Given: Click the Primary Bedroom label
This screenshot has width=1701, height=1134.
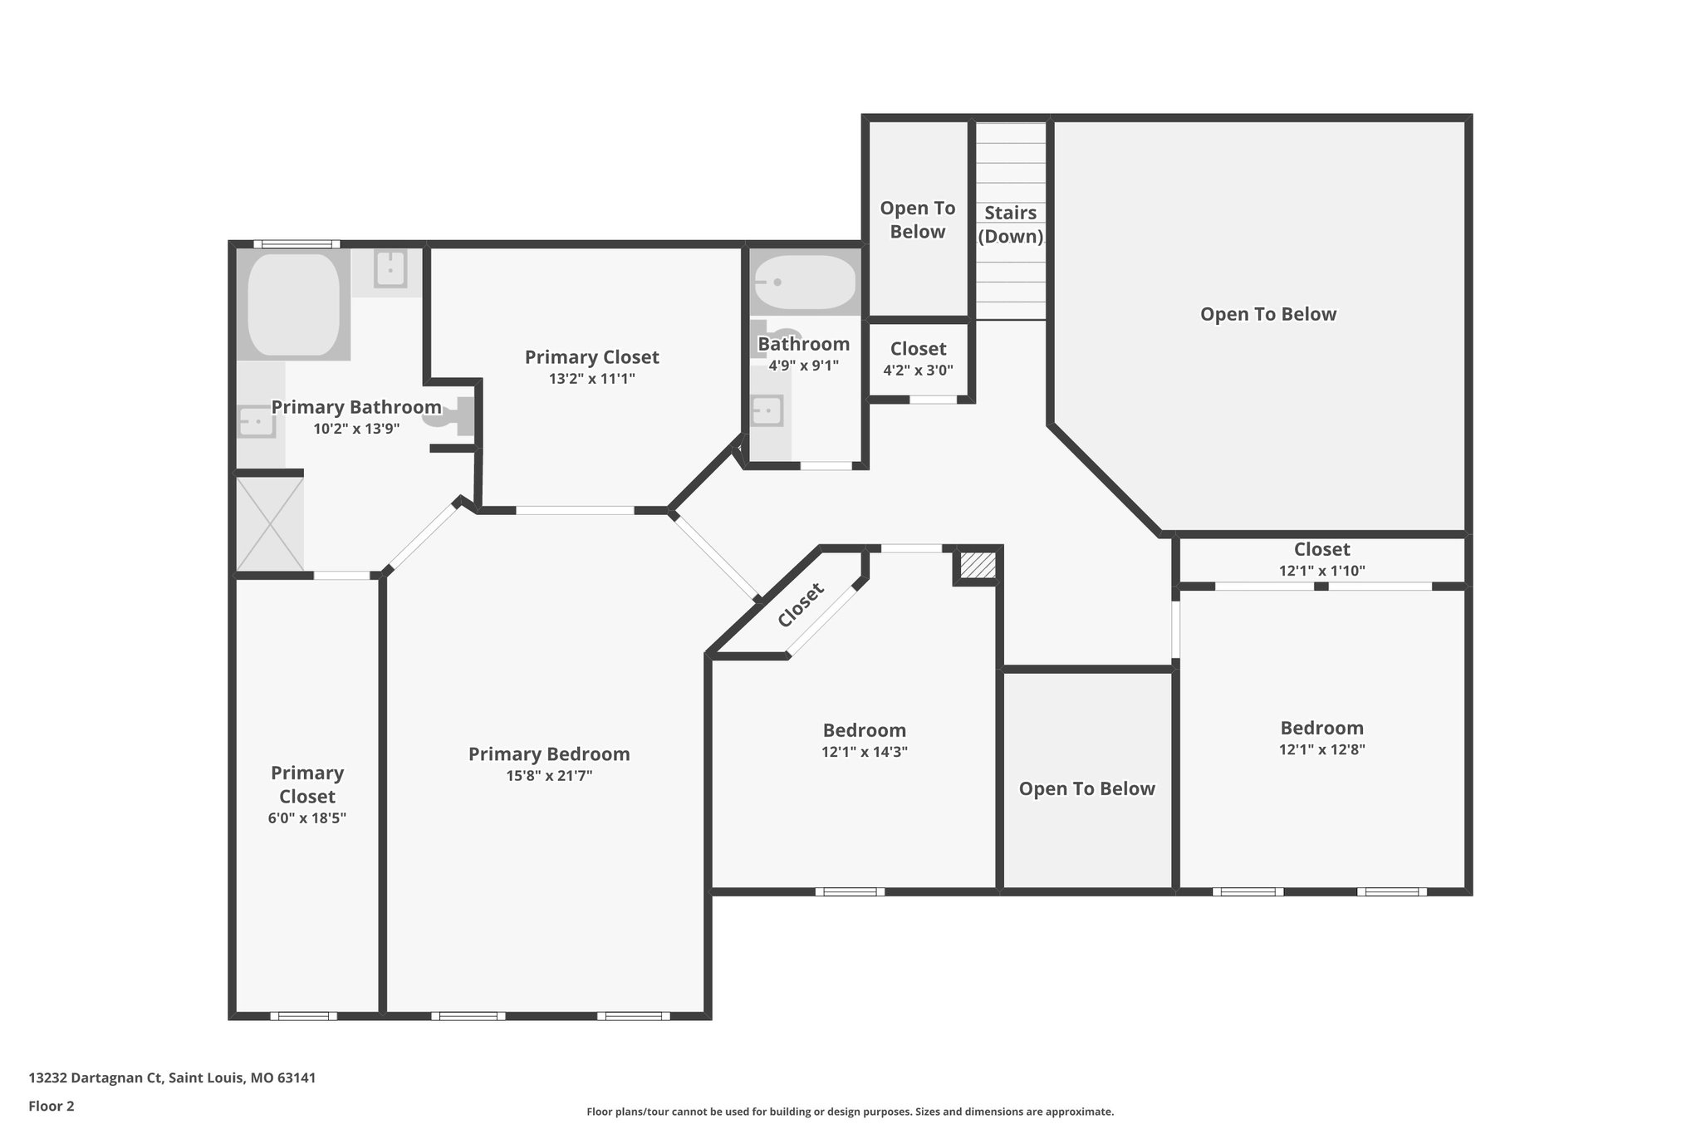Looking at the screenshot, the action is [x=549, y=754].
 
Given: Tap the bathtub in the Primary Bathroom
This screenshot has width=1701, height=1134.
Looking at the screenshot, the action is [x=293, y=305].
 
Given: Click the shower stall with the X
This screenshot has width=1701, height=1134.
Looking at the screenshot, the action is [x=270, y=523].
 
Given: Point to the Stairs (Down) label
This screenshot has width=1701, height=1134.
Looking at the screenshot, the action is [x=1011, y=224].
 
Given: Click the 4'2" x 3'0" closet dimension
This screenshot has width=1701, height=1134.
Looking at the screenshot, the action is [x=918, y=371].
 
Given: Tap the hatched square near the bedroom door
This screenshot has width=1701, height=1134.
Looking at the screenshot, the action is [x=978, y=565].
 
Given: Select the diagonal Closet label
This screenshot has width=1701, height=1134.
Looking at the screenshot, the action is [x=801, y=605].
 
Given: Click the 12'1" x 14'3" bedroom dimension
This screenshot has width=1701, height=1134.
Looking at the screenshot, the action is [x=865, y=752].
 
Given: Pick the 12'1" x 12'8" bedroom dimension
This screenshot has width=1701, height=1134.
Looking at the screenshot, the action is [x=1322, y=749].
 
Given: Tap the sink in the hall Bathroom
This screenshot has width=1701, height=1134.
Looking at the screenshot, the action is [x=767, y=411].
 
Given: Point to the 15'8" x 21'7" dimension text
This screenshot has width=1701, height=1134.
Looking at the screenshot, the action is [x=549, y=776].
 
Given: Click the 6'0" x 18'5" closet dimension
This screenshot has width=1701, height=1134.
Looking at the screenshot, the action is [x=307, y=817].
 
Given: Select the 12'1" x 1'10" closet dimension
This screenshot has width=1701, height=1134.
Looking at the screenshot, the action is [x=1322, y=571].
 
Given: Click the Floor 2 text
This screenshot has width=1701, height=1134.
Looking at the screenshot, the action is [x=51, y=1106].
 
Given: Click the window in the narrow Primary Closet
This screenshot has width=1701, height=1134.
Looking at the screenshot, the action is [x=303, y=1015].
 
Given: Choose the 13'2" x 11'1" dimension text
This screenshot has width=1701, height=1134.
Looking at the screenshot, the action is [x=592, y=379].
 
